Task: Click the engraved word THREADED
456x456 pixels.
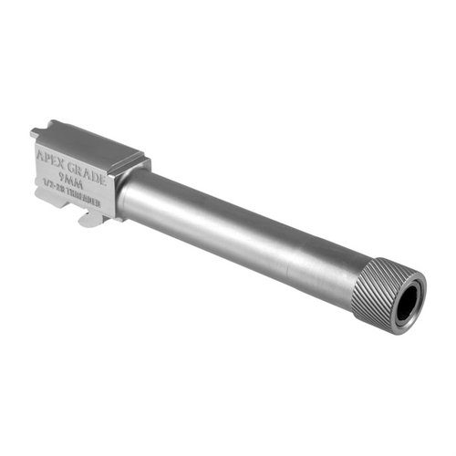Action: [x=90, y=207]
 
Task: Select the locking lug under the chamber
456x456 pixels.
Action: [x=88, y=218]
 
